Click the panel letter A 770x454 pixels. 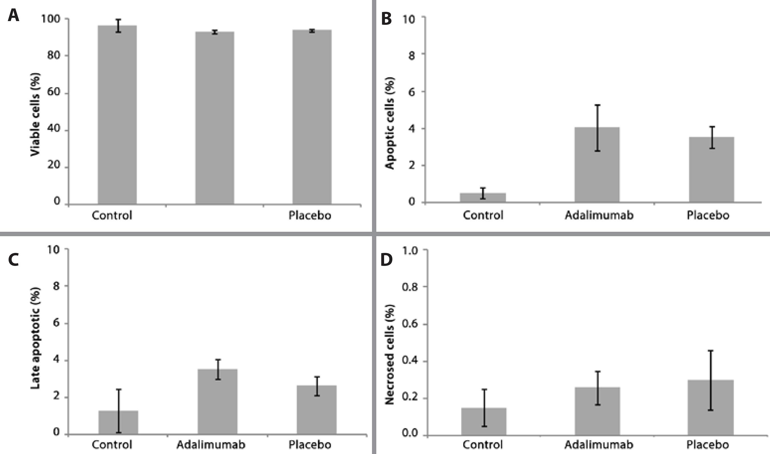pos(13,15)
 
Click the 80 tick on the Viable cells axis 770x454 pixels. pos(54,56)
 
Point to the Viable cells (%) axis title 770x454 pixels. pos(35,114)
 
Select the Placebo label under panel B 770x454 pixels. pos(708,215)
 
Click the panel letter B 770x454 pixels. pos(387,19)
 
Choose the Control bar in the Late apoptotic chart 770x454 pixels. pos(118,422)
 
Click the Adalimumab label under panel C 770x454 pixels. pos(211,445)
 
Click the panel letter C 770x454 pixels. pos(14,260)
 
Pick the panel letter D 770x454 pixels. pos(387,260)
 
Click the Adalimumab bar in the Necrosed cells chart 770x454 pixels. pos(597,411)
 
